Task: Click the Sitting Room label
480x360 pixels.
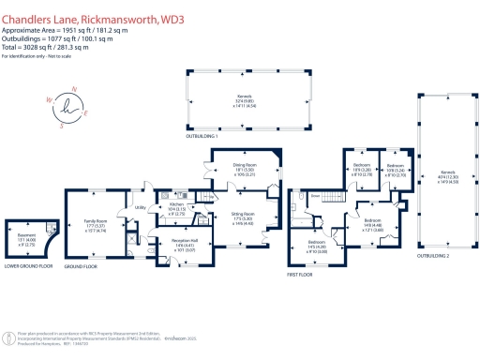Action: click(245, 219)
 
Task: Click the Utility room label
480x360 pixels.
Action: click(141, 208)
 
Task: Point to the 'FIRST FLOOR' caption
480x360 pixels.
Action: click(303, 275)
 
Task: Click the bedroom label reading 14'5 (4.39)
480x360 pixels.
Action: click(316, 247)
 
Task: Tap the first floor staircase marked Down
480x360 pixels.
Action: click(317, 196)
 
